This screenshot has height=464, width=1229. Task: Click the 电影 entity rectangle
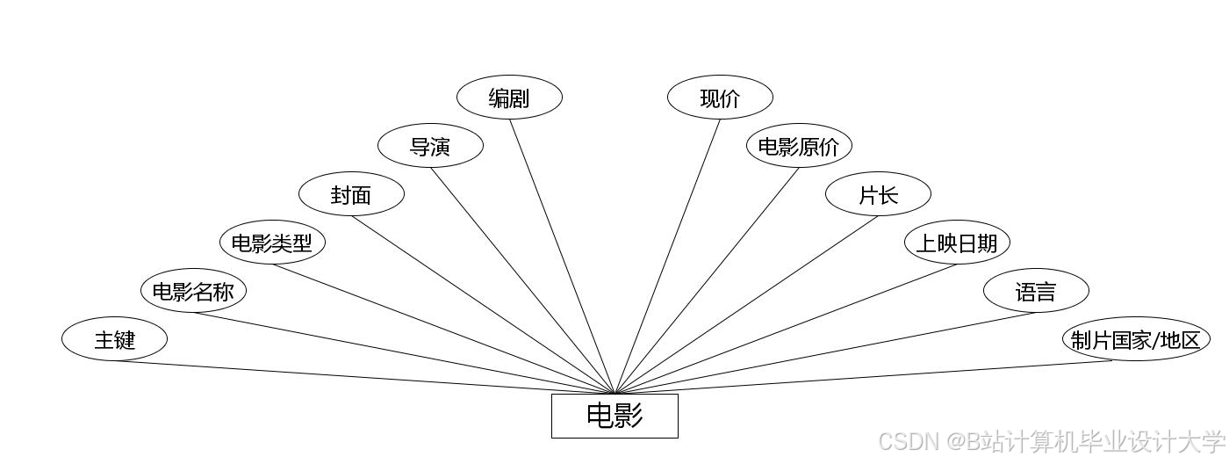click(614, 416)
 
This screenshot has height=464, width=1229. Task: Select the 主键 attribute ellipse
click(114, 339)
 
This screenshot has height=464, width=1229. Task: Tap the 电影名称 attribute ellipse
click(193, 291)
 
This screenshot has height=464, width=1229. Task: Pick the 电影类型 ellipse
click(272, 243)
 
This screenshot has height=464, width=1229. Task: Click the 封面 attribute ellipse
click(351, 195)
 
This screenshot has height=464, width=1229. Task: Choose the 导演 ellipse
click(430, 147)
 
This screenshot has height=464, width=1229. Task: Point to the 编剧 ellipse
click(509, 98)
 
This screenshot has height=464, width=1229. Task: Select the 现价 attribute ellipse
click(720, 98)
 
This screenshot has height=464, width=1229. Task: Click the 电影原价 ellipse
click(799, 147)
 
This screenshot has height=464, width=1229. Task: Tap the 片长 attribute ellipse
click(878, 195)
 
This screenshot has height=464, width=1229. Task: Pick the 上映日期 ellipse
click(957, 243)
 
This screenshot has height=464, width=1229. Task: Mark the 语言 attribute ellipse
click(1036, 291)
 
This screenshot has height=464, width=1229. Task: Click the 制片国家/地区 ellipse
click(1136, 339)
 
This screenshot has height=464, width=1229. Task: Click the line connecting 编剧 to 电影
click(562, 255)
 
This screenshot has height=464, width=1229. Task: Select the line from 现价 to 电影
click(667, 255)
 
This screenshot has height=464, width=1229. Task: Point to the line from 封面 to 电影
click(483, 304)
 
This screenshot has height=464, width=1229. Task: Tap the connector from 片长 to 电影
click(746, 304)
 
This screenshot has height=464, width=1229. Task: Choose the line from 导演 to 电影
click(522, 279)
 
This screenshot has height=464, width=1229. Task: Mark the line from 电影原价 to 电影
click(707, 279)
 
